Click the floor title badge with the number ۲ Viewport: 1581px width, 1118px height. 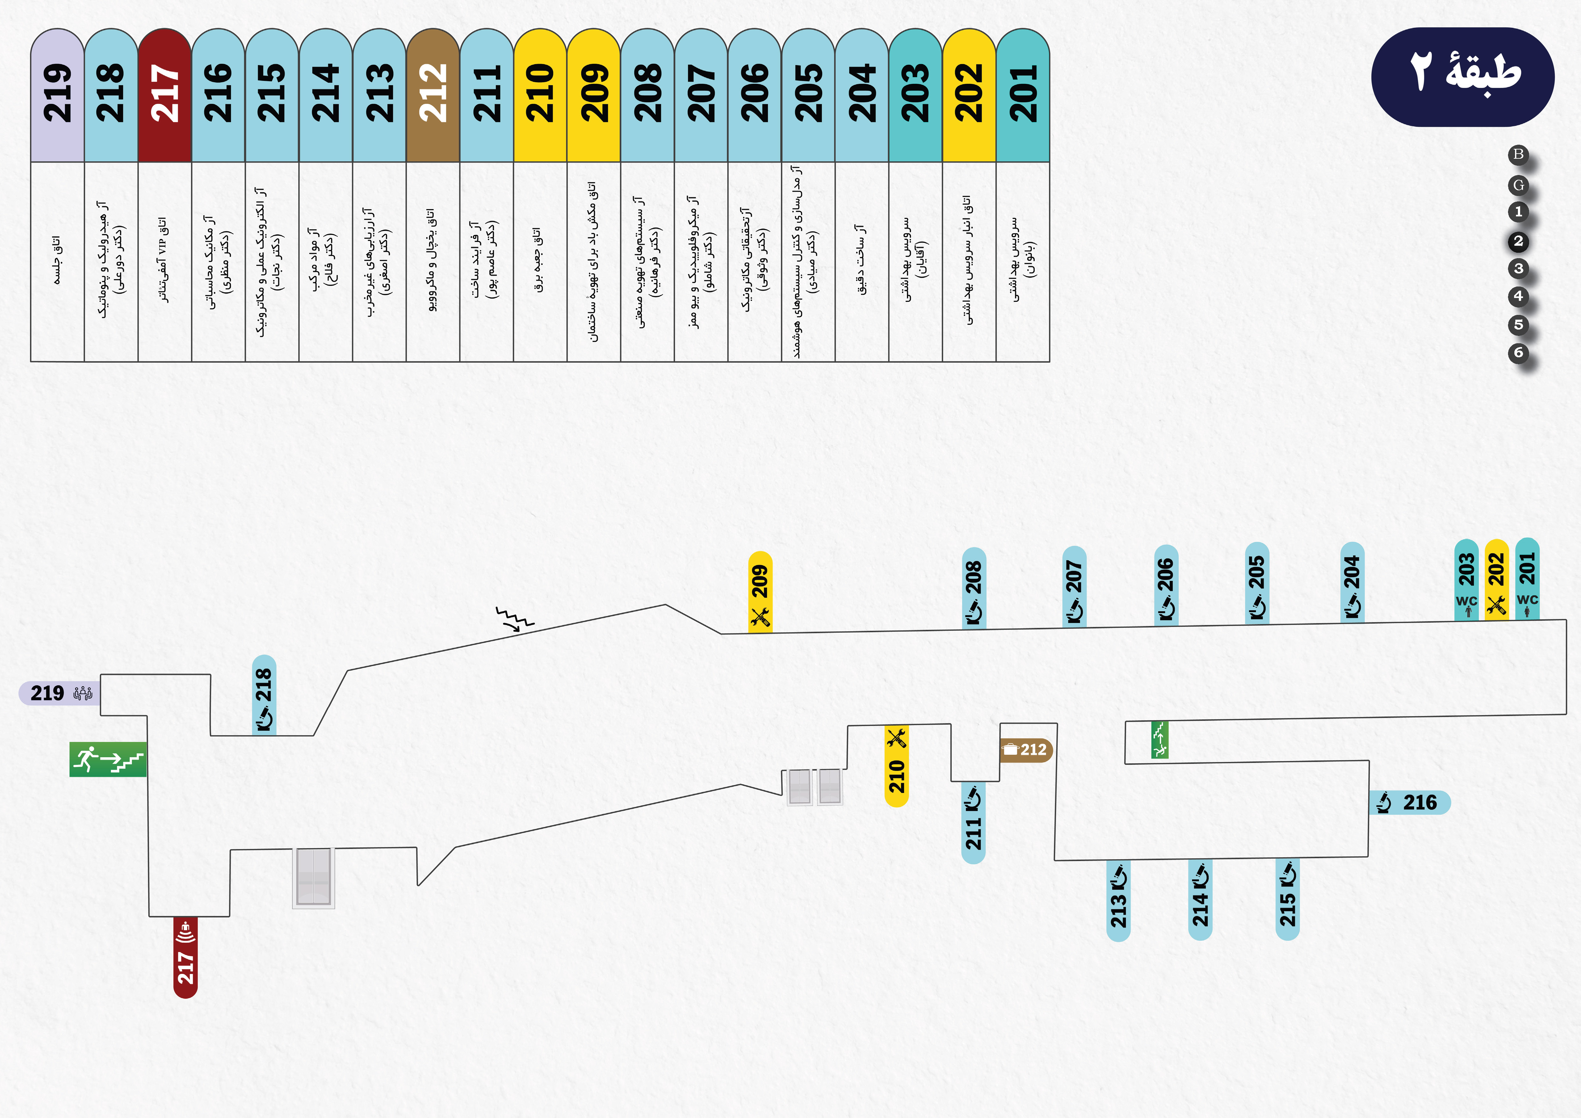click(1462, 76)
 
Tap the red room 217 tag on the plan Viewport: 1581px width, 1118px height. click(185, 957)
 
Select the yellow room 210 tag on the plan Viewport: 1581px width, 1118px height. click(896, 766)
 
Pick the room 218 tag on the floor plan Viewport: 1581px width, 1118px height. click(264, 695)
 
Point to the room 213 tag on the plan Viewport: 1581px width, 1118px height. click(1118, 900)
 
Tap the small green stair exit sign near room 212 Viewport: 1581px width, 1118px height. click(1160, 739)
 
